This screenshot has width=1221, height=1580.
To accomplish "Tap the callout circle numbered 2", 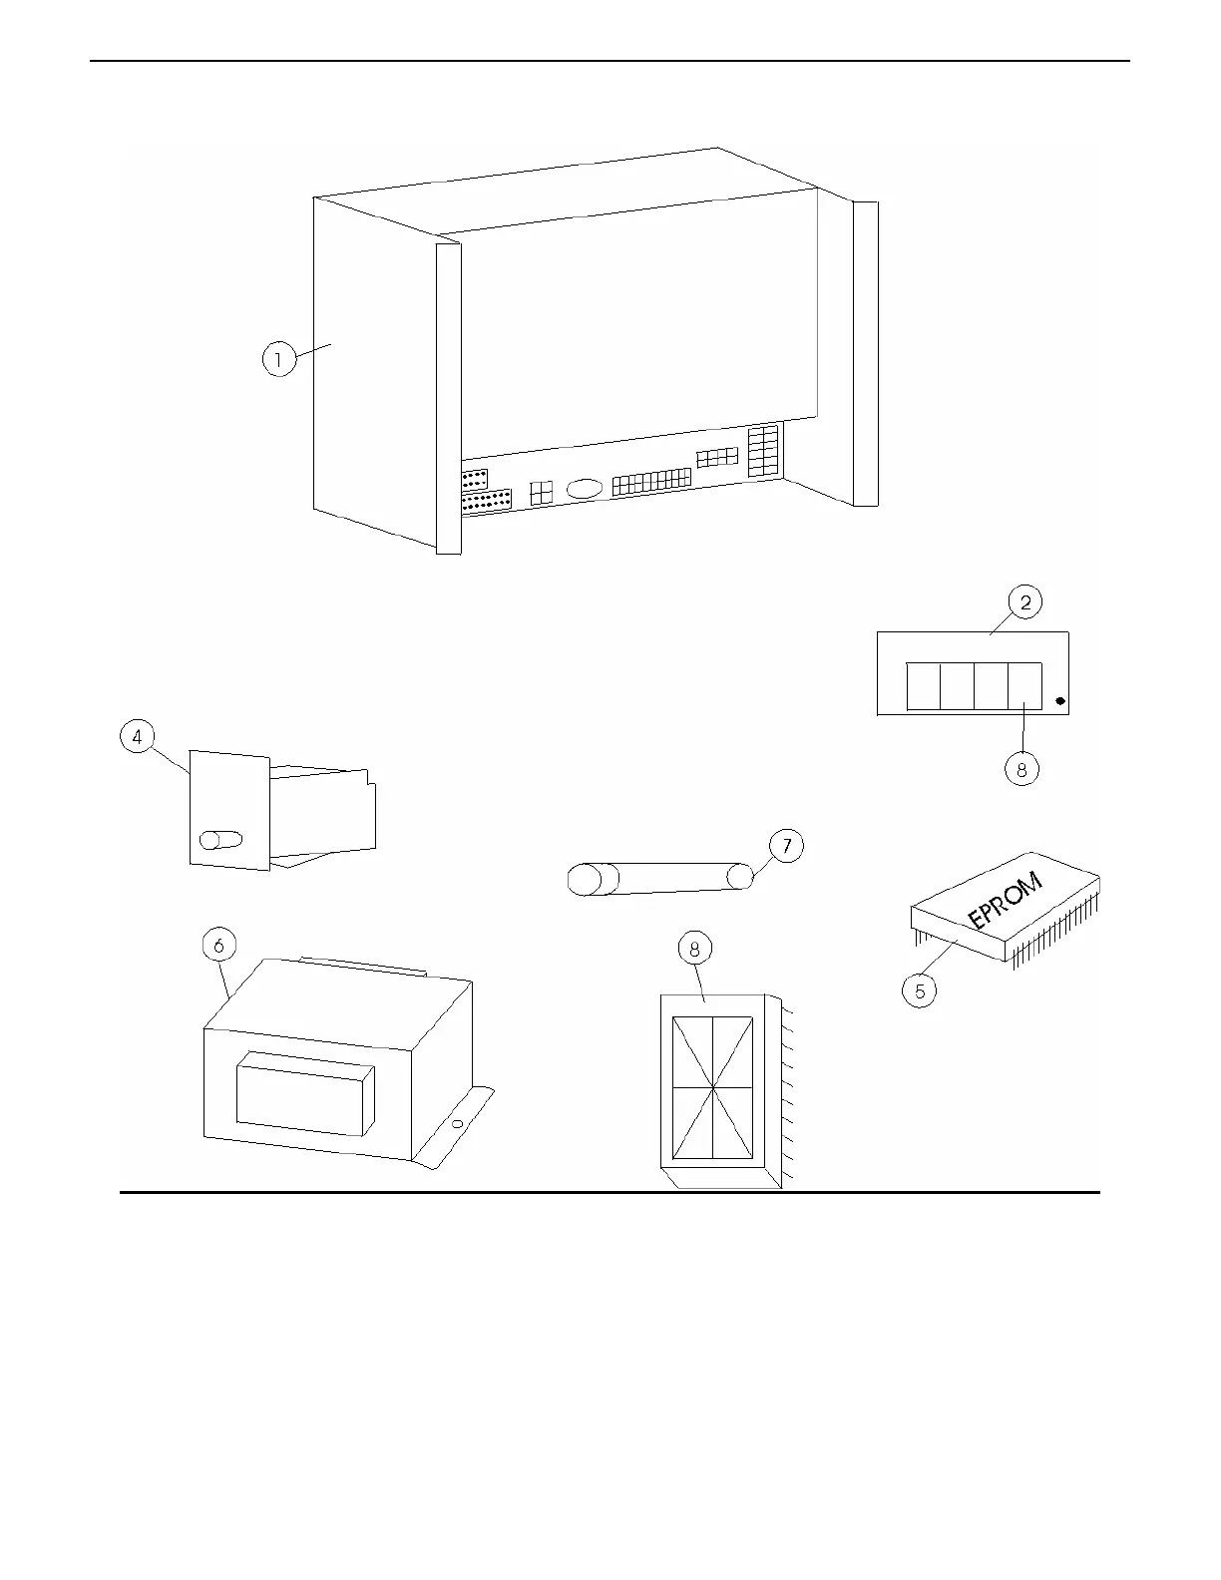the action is [1024, 601].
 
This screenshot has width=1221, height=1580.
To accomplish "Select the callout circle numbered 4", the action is [137, 737].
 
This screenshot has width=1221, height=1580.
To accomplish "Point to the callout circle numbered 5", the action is [920, 990].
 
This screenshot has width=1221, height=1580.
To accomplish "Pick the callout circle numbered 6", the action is [218, 944].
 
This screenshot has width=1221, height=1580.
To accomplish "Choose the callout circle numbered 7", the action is [786, 846].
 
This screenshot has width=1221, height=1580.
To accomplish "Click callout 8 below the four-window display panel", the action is [1021, 769].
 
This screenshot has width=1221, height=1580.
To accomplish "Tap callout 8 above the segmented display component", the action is [695, 949].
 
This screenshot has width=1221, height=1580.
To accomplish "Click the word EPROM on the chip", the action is [1007, 901].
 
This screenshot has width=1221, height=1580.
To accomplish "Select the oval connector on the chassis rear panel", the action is [585, 489].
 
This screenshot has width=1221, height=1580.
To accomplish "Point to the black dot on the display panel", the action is [1059, 701].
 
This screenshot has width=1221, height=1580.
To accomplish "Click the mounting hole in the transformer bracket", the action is [456, 1124].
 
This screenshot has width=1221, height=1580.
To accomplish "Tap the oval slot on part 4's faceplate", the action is [220, 839].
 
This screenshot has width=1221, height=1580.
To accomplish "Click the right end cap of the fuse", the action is [739, 877].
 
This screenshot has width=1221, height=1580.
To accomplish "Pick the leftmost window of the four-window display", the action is [924, 685].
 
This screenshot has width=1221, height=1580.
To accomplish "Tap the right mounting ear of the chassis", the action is [866, 354].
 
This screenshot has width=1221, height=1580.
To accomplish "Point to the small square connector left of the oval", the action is [541, 493].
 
